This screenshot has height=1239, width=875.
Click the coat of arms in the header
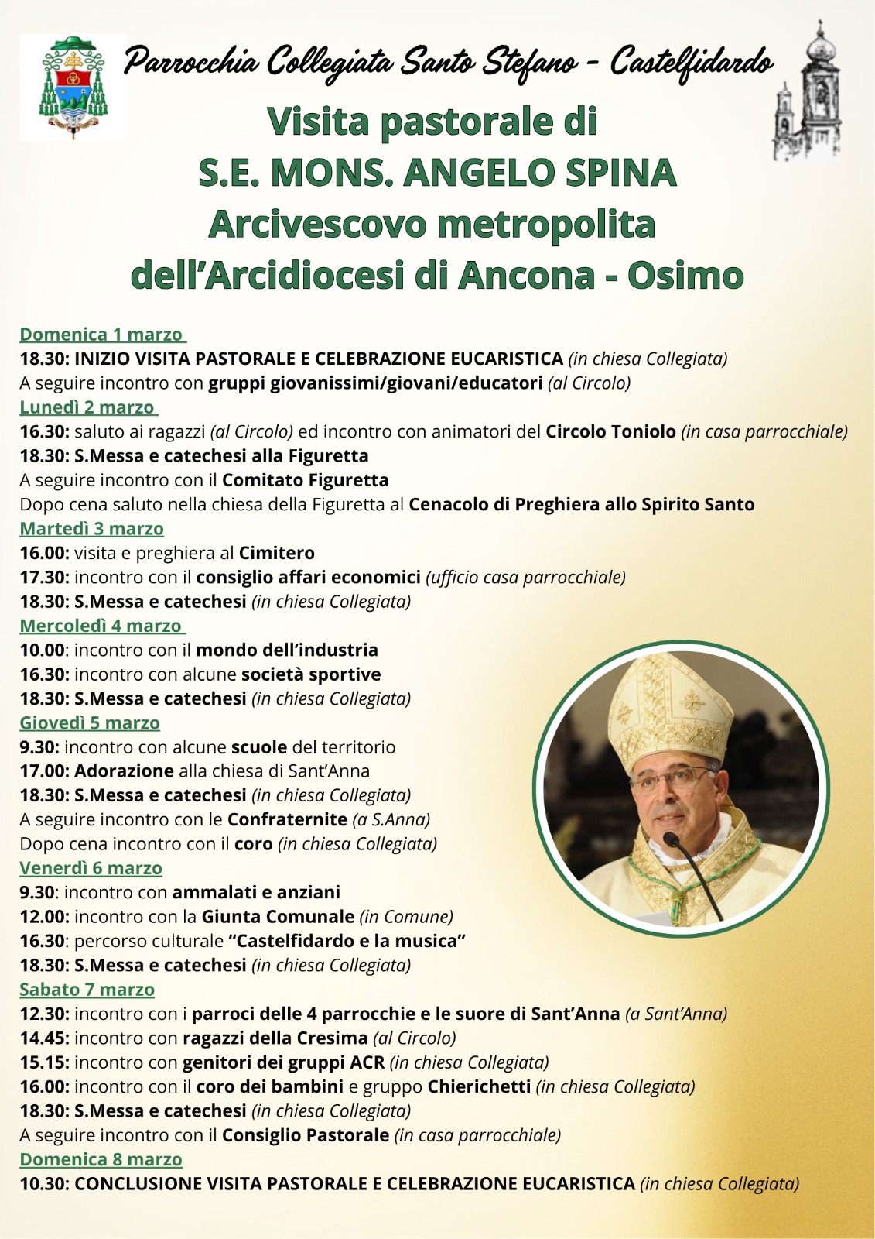tap(73, 87)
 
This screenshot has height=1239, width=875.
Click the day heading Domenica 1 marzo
tap(101, 335)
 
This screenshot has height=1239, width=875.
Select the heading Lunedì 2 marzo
tap(87, 407)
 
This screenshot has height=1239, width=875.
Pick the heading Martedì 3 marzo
tap(91, 529)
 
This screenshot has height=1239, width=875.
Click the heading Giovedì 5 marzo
tap(90, 723)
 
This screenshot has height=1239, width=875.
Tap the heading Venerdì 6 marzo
tap(91, 869)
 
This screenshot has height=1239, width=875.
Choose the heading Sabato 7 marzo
tap(87, 990)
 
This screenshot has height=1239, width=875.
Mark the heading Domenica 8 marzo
tap(101, 1159)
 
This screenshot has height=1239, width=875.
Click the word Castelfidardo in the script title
tap(690, 62)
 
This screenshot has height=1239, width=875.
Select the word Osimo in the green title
tap(685, 276)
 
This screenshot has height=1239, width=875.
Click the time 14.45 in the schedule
tap(44, 1038)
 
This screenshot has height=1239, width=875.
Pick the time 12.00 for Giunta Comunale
tap(44, 917)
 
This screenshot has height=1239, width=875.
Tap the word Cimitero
tap(276, 553)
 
